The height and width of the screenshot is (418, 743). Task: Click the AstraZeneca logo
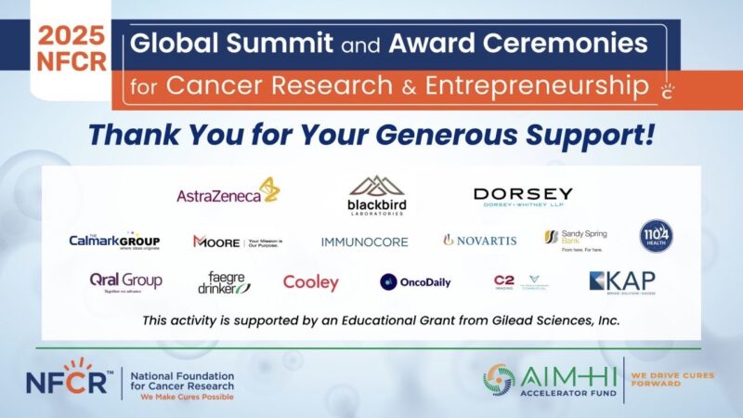(228, 192)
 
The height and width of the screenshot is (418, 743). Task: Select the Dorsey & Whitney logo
(523, 196)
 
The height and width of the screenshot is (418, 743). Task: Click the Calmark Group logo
(114, 241)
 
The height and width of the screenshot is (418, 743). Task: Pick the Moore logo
(237, 242)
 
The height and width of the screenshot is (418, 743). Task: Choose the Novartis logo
(479, 240)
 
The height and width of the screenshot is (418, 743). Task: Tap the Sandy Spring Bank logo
(575, 239)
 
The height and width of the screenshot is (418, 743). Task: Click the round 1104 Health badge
(656, 236)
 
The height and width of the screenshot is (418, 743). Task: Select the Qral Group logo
(125, 281)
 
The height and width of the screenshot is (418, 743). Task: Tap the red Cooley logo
(311, 282)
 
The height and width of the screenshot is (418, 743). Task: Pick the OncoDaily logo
(415, 282)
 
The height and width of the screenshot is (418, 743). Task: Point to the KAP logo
(621, 281)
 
